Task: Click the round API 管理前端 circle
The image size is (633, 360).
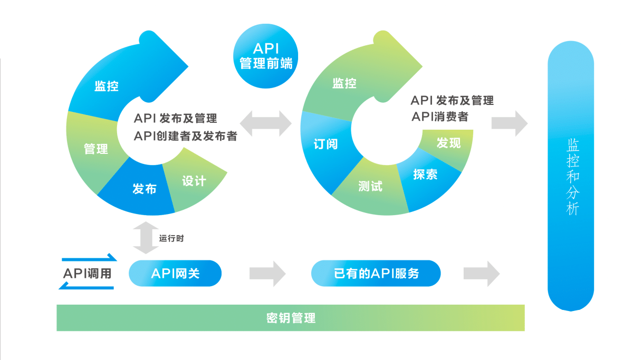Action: click(x=265, y=56)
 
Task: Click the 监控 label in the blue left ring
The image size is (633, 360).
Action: click(x=107, y=86)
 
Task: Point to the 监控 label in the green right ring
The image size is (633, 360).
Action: click(x=344, y=83)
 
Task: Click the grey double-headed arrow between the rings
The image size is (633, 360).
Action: click(x=266, y=124)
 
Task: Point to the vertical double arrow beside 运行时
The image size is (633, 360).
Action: click(x=146, y=238)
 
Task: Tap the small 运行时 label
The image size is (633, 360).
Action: click(x=171, y=238)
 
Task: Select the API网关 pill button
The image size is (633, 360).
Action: click(x=175, y=274)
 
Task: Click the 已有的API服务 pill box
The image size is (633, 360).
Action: click(x=376, y=274)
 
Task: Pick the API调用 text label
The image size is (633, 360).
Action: click(x=88, y=274)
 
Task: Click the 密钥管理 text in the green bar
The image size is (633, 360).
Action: click(x=291, y=318)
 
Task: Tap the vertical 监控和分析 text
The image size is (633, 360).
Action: click(x=572, y=177)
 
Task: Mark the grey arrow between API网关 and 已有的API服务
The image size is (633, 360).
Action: click(x=267, y=274)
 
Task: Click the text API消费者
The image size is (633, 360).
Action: click(x=440, y=116)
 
